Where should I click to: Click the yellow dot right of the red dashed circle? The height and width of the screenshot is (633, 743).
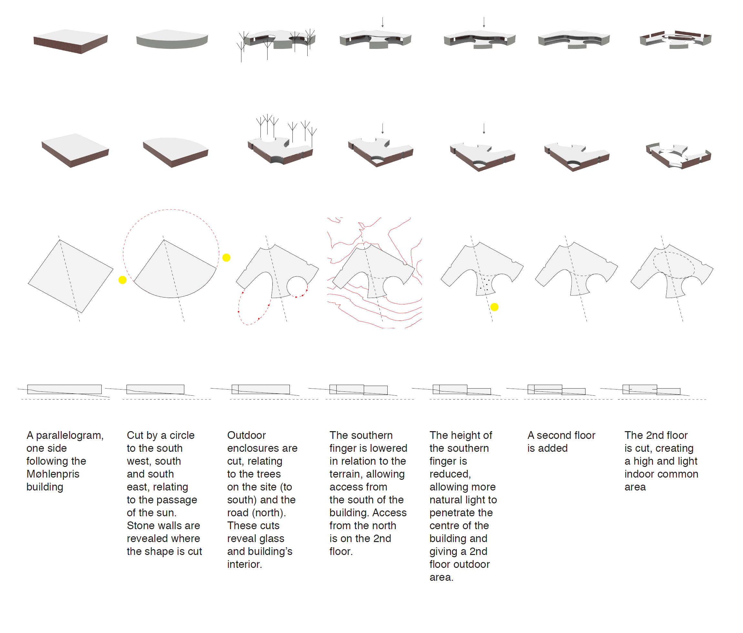point(226,258)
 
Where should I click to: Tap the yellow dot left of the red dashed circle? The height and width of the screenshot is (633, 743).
point(122,280)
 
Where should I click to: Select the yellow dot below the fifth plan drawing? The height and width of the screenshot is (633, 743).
point(494,307)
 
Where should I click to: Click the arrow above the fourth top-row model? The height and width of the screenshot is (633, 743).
point(382,22)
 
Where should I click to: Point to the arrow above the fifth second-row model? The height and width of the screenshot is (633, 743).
point(484,128)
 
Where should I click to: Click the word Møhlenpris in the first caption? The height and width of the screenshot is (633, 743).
point(53,474)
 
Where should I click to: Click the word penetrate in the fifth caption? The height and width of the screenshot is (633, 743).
point(461,513)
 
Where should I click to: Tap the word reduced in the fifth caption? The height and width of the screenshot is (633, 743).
point(450,474)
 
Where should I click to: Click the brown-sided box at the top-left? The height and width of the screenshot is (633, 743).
point(71,41)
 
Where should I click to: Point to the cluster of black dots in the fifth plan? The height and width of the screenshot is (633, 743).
point(484,284)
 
